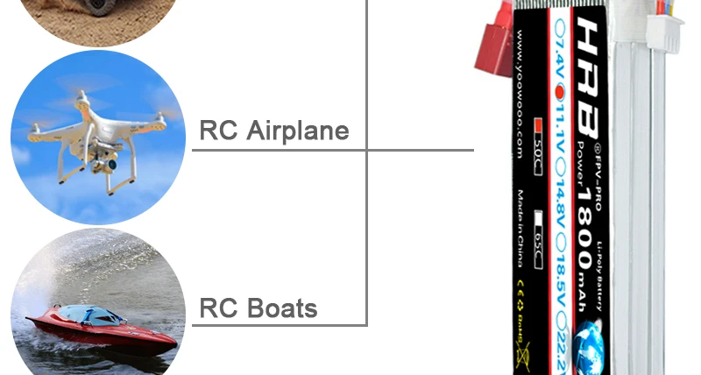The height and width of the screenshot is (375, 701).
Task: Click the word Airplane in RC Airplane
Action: [x=298, y=131]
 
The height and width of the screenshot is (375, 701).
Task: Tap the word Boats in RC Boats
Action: [x=282, y=309]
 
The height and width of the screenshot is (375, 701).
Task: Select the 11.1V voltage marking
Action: [x=559, y=127]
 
